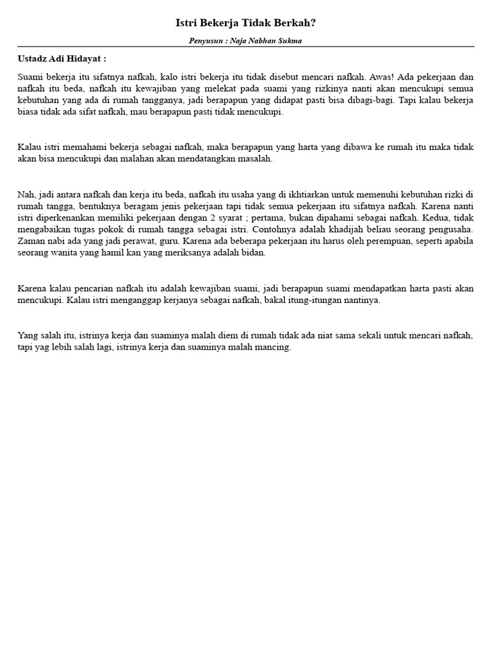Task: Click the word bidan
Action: [x=254, y=252]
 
